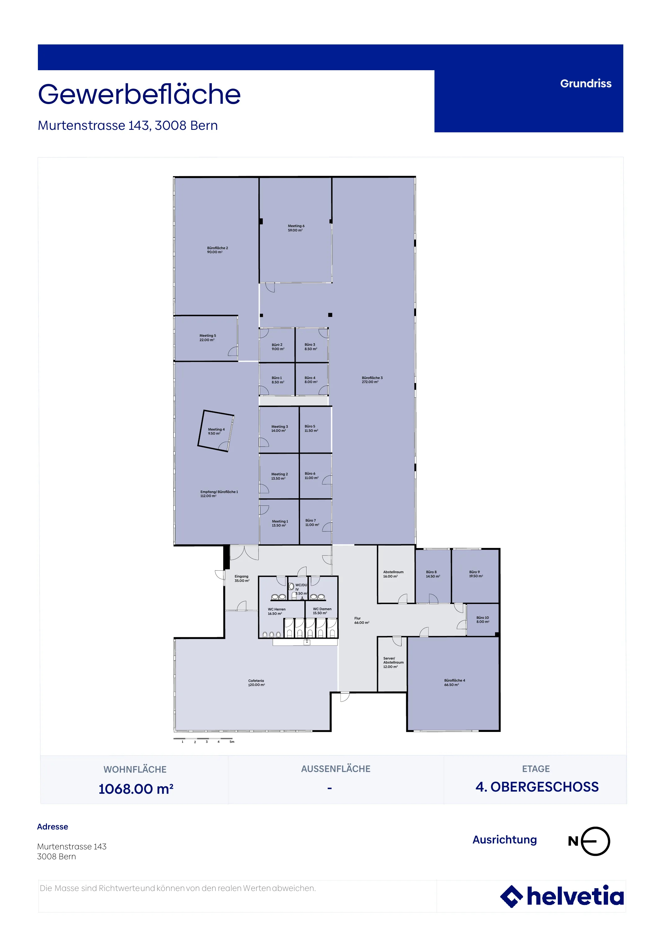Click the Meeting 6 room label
pos(296,228)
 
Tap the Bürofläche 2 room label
pos(217,250)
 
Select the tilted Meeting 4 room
pos(216,431)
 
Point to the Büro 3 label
pos(311,347)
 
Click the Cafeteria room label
pos(257,683)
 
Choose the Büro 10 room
pos(483,620)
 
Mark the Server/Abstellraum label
pos(393,662)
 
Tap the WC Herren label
pos(276,611)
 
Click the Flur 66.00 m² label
pos(361,621)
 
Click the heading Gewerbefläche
pos(139,94)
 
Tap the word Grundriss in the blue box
pos(585,84)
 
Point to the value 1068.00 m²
pos(136,789)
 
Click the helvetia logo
pos(562,896)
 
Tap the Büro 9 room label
pos(476,574)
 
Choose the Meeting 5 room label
pos(207,338)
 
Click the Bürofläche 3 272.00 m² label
pos(372,380)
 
